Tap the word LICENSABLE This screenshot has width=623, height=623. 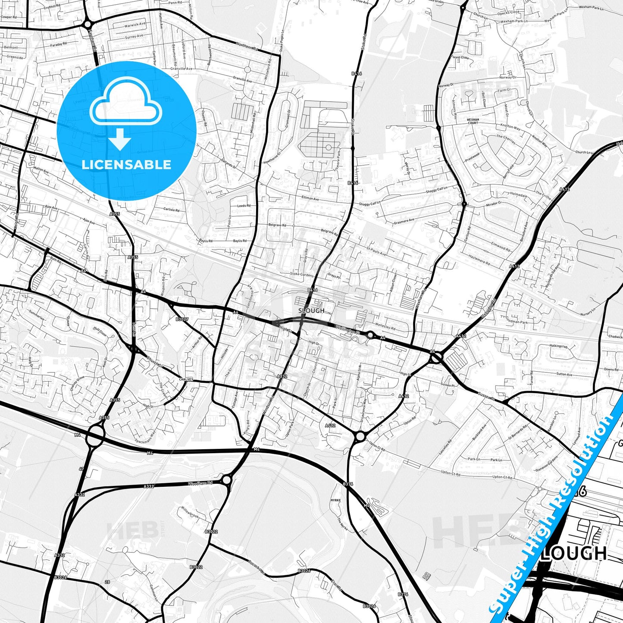coord(126,164)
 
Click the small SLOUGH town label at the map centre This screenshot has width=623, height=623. coord(311,310)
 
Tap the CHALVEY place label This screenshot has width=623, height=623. coord(186,379)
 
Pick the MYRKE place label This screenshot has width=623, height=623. coord(335,500)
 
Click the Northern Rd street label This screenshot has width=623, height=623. coord(247,46)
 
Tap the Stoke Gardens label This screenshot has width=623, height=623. coord(301,274)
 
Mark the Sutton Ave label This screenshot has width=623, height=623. coord(564,374)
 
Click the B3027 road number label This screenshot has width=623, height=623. coord(182,319)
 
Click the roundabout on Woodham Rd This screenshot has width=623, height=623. coord(226,479)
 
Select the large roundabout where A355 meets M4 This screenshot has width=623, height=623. coord(95,436)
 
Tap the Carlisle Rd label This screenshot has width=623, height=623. coord(171,210)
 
